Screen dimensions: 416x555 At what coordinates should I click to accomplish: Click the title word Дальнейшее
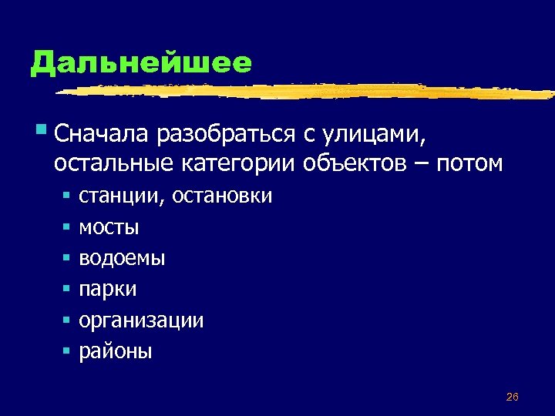pos(141,63)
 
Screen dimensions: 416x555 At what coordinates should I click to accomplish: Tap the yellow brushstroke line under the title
pos(308,91)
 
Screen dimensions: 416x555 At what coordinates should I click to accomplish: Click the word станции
pos(120,196)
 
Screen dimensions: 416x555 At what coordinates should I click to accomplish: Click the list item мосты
pos(109,228)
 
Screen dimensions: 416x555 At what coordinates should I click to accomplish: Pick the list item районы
pos(116,352)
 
